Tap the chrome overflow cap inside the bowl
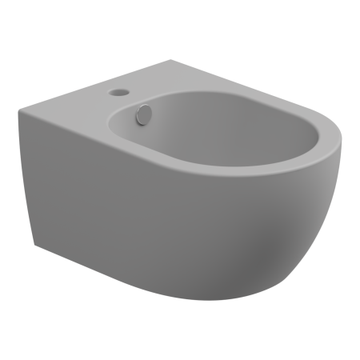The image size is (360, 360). click(143, 116)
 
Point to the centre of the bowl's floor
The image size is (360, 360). click(216, 144)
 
